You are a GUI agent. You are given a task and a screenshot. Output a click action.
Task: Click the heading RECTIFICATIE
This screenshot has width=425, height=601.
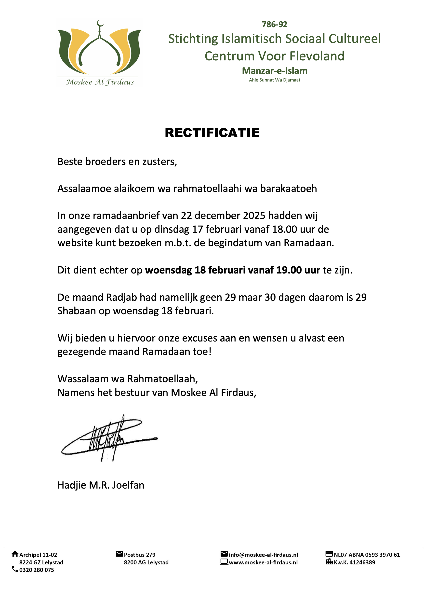click(x=212, y=133)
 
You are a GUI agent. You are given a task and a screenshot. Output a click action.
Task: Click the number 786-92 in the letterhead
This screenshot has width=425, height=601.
click(x=274, y=24)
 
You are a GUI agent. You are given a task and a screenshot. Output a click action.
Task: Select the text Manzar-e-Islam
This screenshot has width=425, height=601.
click(x=275, y=71)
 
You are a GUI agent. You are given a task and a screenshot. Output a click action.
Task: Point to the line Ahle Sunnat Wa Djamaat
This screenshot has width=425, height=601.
click(x=275, y=80)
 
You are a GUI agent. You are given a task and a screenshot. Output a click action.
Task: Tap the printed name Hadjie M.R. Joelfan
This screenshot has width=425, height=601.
click(x=101, y=485)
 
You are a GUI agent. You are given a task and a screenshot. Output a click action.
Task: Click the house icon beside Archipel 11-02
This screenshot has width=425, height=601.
click(x=15, y=554)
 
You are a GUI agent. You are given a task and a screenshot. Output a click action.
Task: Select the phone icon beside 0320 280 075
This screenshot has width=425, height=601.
click(x=15, y=569)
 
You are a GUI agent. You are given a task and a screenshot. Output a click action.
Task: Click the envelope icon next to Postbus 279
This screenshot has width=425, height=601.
click(x=119, y=554)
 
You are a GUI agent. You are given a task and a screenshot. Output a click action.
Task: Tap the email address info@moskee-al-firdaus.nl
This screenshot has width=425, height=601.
click(x=263, y=555)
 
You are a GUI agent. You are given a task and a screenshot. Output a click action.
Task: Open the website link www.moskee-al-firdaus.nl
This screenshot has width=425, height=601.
click(x=263, y=562)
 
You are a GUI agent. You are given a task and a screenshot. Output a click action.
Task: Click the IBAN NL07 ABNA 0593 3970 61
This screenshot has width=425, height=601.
click(x=367, y=555)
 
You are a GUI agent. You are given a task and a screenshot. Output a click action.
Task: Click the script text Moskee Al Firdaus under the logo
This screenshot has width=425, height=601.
click(x=100, y=82)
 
